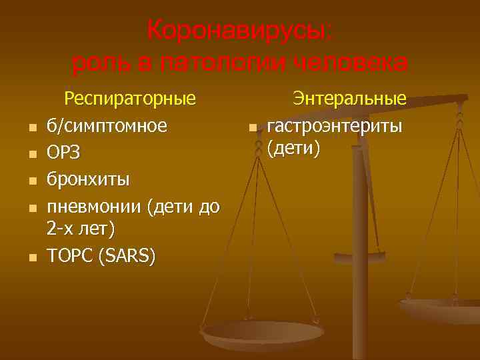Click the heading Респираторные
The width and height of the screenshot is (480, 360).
(129, 99)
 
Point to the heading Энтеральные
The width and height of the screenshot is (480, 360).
(350, 99)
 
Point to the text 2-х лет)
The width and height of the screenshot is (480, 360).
(81, 229)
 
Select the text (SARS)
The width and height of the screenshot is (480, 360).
(127, 256)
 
